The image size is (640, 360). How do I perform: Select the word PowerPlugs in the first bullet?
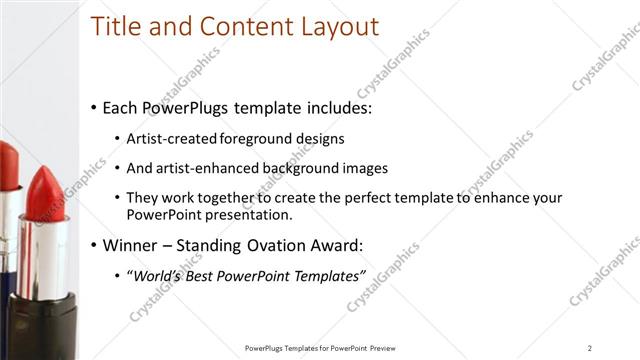coord(184,106)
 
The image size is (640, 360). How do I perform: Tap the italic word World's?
coord(156,274)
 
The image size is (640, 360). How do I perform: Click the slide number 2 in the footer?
coord(590,348)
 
